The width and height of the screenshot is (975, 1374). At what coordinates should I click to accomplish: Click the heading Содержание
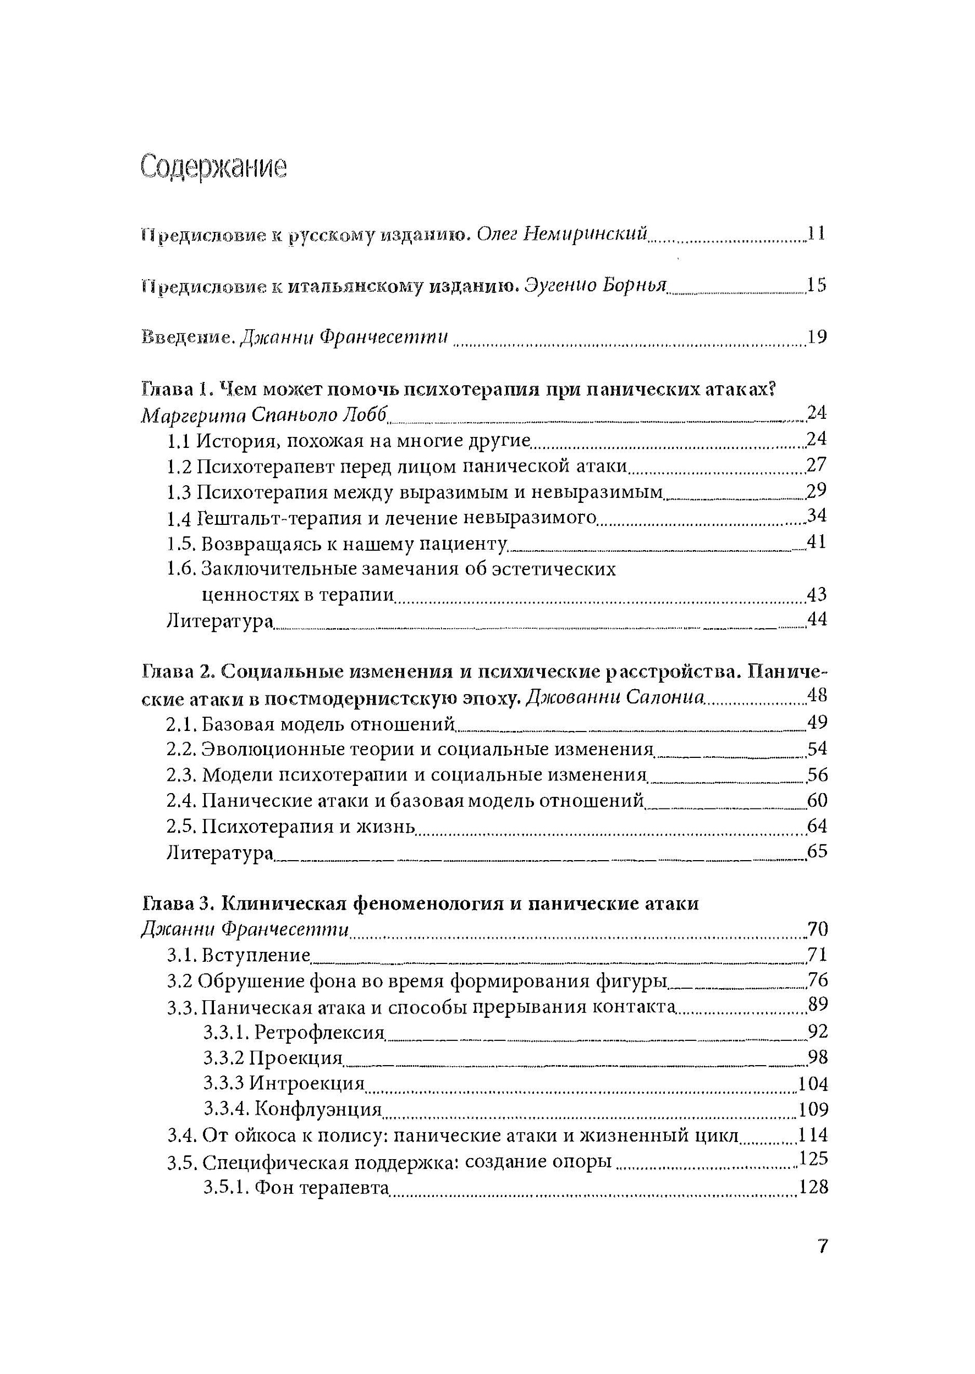pyautogui.click(x=214, y=168)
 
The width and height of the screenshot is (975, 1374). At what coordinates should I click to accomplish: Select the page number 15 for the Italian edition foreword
pyautogui.click(x=817, y=286)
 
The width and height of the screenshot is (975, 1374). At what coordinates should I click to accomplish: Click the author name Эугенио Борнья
pyautogui.click(x=596, y=286)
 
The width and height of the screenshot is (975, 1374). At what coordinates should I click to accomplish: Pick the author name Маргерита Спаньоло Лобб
pyautogui.click(x=266, y=415)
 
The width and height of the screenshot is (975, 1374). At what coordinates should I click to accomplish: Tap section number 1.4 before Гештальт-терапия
pyautogui.click(x=178, y=517)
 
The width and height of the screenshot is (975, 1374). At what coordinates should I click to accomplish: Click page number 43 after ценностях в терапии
pyautogui.click(x=817, y=595)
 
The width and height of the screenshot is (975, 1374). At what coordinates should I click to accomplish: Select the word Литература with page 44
pyautogui.click(x=220, y=620)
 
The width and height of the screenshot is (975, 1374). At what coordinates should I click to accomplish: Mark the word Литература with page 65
pyautogui.click(x=220, y=852)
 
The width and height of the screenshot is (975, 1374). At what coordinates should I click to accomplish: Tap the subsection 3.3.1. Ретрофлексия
pyautogui.click(x=294, y=1032)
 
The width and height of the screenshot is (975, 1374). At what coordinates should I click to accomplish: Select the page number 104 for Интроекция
pyautogui.click(x=812, y=1084)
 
